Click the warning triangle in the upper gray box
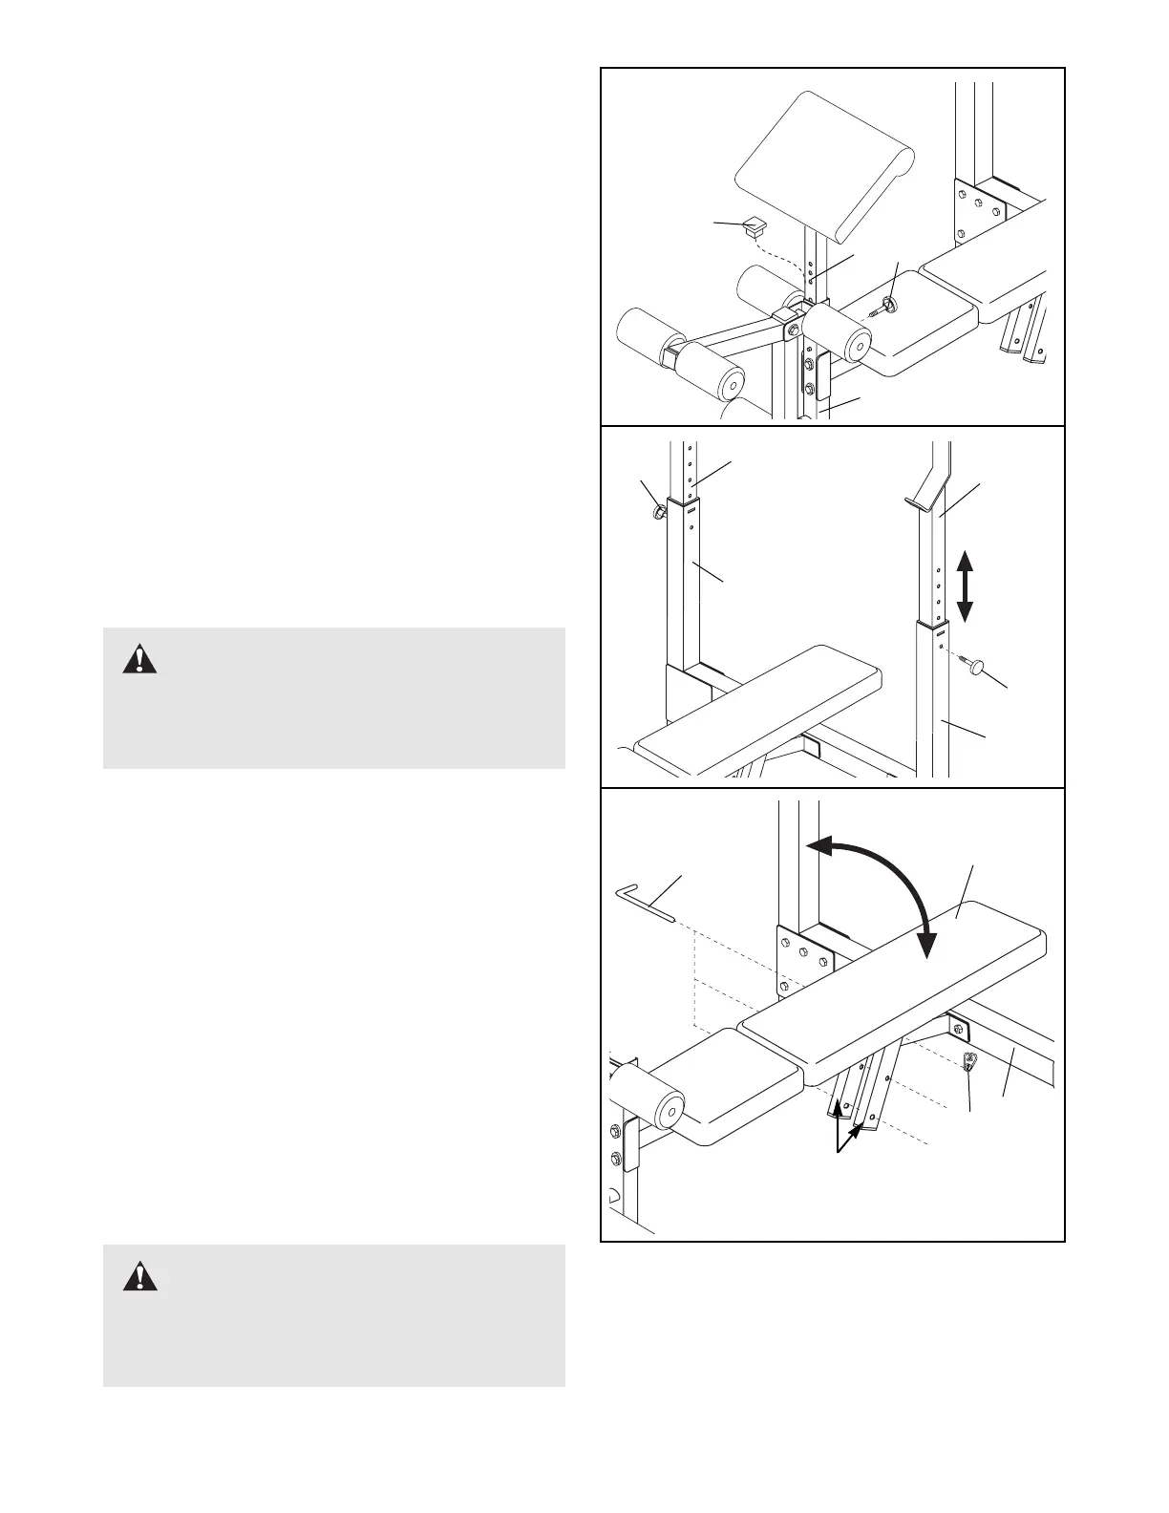click(139, 659)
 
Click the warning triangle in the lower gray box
click(139, 1276)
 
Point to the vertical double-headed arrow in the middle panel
click(965, 586)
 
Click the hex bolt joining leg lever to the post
click(792, 328)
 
